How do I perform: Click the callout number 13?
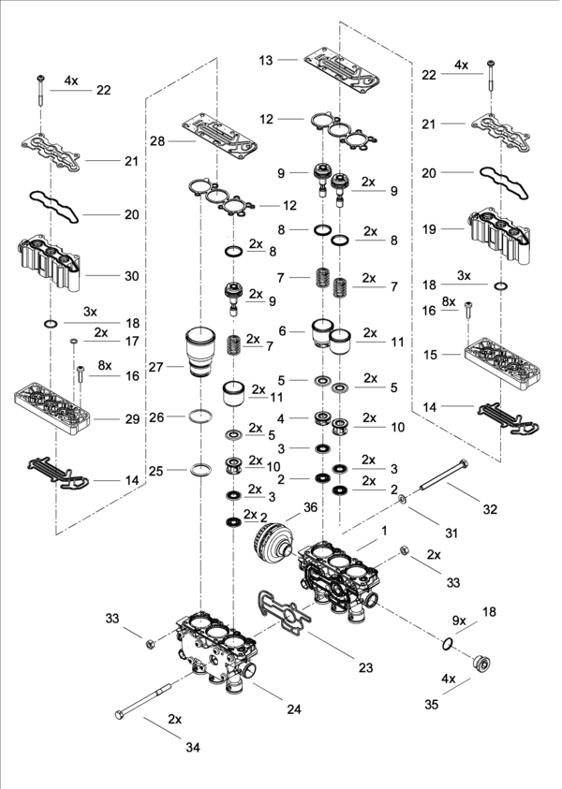pos(266,60)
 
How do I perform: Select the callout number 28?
pos(156,140)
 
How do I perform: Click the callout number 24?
pos(293,709)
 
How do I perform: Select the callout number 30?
pos(130,276)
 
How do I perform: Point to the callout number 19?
pos(429,227)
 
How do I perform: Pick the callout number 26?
pos(156,416)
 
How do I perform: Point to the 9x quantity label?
pos(458,620)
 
